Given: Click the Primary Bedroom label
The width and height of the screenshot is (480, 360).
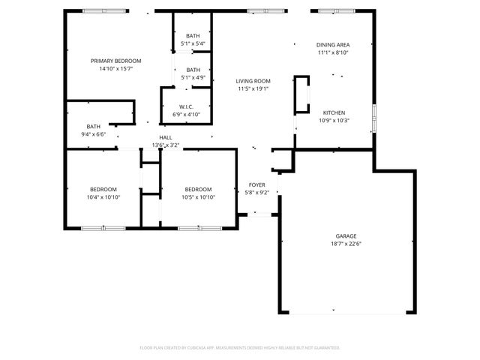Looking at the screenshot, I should click(115, 61).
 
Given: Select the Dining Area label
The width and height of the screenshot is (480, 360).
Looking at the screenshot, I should click(333, 45).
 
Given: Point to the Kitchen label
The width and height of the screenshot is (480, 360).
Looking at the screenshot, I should click(334, 112).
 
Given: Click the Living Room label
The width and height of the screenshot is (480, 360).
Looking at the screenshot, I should click(253, 81).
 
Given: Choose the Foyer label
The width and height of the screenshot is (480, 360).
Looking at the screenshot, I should click(257, 184).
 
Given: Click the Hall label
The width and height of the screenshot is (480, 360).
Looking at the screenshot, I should click(166, 137).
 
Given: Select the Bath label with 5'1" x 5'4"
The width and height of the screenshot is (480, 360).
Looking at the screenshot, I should click(193, 36).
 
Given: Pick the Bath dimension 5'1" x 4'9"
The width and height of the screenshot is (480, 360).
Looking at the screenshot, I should click(193, 77).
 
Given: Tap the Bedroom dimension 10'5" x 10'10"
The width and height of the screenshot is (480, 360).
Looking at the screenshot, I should click(198, 196).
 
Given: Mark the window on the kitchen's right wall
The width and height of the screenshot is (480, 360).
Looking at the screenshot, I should click(373, 120).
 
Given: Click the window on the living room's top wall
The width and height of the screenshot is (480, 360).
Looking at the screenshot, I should click(257, 10).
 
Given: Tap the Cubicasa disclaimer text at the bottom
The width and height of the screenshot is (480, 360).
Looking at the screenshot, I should click(240, 347).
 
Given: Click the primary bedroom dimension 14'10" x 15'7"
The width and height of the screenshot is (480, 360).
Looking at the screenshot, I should click(115, 68).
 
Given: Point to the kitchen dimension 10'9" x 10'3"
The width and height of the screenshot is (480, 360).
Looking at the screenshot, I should click(334, 120).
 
